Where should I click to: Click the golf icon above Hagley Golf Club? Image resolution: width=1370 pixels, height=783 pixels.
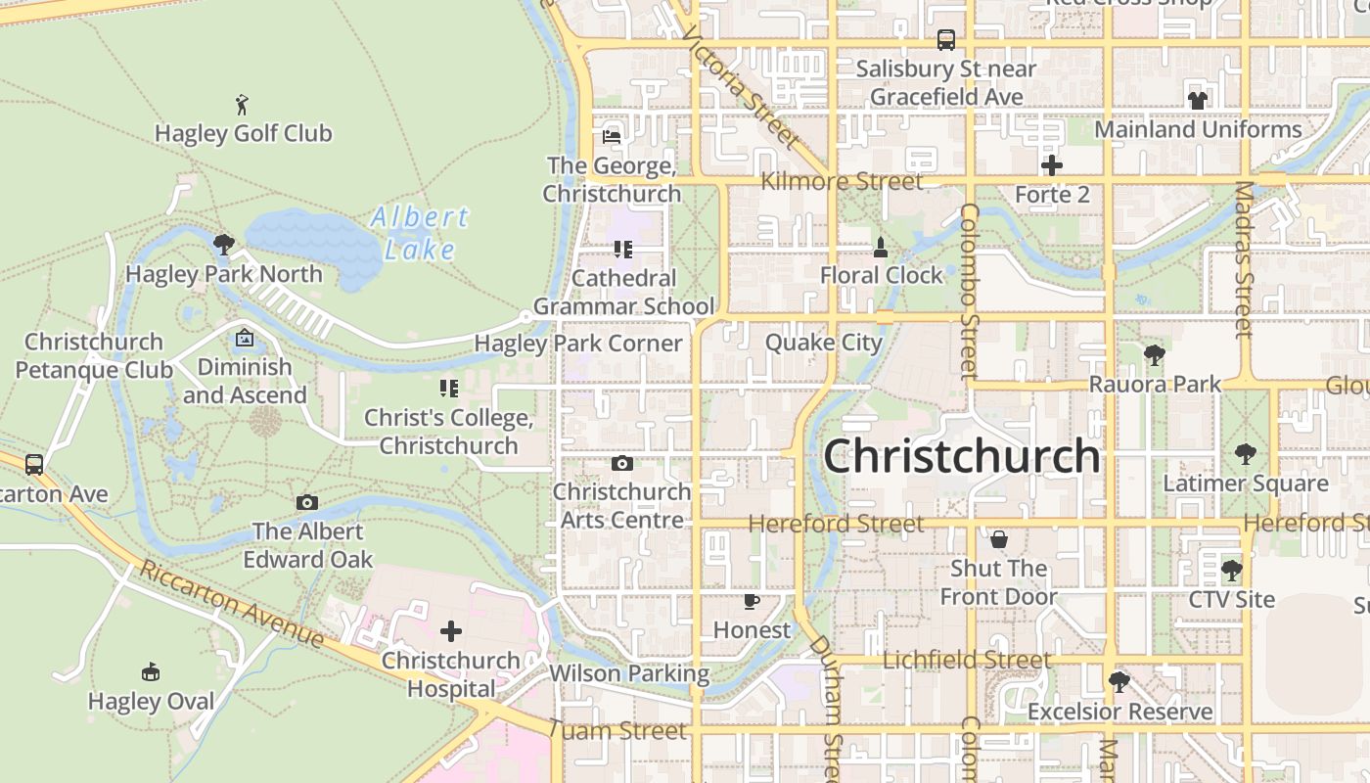pyautogui.click(x=243, y=104)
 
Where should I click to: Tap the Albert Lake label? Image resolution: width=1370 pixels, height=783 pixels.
pyautogui.click(x=420, y=233)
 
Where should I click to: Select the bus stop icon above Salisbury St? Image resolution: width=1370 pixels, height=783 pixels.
pyautogui.click(x=946, y=40)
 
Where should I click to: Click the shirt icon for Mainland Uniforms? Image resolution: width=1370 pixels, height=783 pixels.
pyautogui.click(x=1198, y=100)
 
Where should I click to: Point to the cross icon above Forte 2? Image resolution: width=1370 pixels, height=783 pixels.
pyautogui.click(x=1052, y=165)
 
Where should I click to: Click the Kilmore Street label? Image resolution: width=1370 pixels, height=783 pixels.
pyautogui.click(x=842, y=181)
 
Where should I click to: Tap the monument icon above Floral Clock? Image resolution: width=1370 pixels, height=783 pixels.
pyautogui.click(x=881, y=247)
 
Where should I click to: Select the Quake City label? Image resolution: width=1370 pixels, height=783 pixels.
pyautogui.click(x=823, y=343)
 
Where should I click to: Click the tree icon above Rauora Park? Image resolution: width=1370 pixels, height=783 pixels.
pyautogui.click(x=1155, y=355)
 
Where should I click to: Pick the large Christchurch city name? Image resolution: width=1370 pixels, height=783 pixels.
pyautogui.click(x=962, y=456)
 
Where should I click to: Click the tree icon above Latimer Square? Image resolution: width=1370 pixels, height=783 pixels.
pyautogui.click(x=1245, y=454)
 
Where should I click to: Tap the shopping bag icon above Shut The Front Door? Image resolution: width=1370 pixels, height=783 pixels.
pyautogui.click(x=999, y=539)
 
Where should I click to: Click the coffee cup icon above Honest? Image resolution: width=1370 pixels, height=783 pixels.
pyautogui.click(x=751, y=601)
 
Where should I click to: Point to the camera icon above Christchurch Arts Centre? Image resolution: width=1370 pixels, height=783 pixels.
pyautogui.click(x=621, y=463)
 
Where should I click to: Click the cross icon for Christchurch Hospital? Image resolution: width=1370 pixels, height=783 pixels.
pyautogui.click(x=451, y=631)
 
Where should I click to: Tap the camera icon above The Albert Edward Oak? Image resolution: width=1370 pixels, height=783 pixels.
pyautogui.click(x=307, y=503)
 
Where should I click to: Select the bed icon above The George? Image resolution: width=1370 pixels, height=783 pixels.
pyautogui.click(x=612, y=137)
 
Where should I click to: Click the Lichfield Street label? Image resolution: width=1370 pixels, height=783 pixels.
pyautogui.click(x=966, y=660)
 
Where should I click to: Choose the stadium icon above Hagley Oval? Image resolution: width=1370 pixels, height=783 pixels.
pyautogui.click(x=151, y=672)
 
